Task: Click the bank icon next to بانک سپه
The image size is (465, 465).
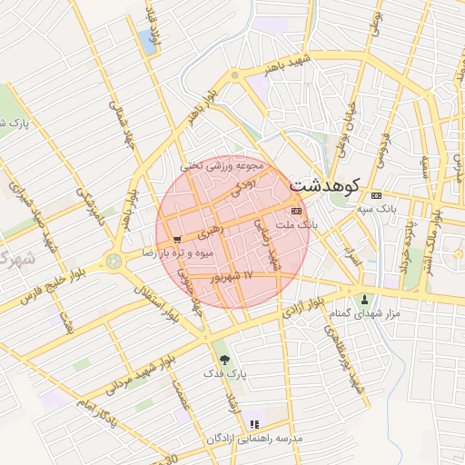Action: [x=377, y=195]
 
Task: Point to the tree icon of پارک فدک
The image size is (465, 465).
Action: [x=224, y=360]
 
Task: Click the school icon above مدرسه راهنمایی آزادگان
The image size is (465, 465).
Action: [x=254, y=423]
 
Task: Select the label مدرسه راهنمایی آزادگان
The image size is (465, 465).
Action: [x=254, y=439]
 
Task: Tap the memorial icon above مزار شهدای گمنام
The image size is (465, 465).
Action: [x=364, y=300]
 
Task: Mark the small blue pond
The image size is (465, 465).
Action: [x=147, y=41]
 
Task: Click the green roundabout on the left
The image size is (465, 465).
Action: [x=114, y=262]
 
